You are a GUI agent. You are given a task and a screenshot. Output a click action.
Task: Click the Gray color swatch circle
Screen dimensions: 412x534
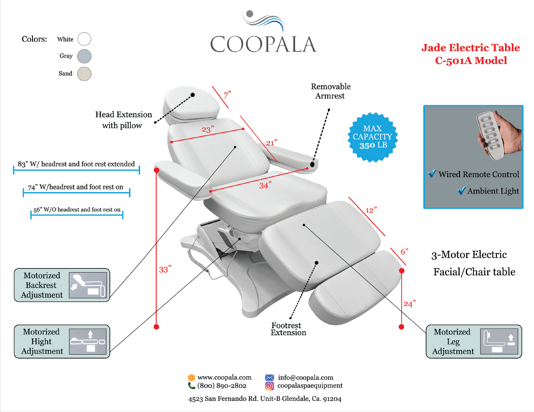84,56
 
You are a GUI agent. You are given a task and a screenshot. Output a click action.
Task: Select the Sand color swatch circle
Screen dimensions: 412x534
84,73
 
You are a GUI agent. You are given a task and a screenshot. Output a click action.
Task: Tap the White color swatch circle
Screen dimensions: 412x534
84,39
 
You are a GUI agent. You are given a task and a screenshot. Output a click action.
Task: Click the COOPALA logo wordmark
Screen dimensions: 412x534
263,44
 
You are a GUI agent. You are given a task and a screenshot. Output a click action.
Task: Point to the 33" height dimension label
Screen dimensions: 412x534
165,269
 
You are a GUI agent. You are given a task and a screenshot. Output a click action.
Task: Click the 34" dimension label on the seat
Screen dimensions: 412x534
265,185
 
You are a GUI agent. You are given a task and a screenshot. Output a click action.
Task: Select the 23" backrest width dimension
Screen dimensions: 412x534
208,129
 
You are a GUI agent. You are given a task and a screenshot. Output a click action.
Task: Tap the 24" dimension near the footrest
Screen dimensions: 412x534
409,304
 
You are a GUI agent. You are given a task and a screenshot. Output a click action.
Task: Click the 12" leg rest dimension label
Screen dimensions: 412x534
371,210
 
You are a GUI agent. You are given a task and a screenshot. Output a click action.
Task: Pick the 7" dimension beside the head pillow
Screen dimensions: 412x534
227,95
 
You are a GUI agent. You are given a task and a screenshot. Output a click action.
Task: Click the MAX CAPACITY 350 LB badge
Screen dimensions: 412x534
373,137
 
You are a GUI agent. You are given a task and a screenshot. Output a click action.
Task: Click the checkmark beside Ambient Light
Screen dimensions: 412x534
461,190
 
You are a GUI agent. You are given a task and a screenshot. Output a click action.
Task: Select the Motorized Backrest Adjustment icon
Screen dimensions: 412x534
88,285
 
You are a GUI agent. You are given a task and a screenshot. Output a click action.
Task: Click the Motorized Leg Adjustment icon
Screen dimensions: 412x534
499,341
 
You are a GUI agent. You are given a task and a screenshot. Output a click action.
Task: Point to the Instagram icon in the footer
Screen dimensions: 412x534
269,386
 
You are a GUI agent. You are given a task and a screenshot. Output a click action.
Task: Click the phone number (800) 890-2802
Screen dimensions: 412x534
222,386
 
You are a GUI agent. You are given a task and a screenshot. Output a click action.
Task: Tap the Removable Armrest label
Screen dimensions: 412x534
330,91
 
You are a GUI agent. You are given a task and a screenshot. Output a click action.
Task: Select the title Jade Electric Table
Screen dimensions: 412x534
470,48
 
